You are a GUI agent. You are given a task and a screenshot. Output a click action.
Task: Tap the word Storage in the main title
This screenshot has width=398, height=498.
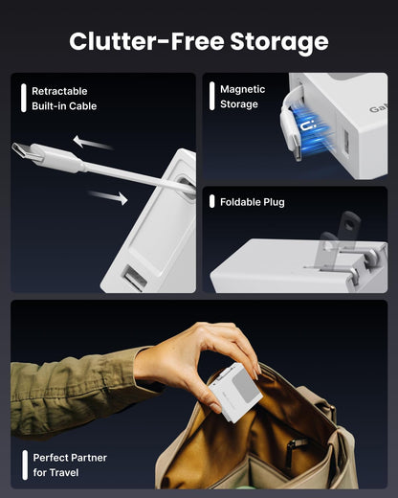coord(277,41)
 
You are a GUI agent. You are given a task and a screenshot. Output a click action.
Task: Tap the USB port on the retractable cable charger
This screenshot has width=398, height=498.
coord(132,279)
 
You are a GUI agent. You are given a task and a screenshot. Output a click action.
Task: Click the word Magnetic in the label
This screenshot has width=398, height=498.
coord(243,89)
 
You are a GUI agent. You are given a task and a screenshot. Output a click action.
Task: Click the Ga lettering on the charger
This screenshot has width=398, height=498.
coord(378,108)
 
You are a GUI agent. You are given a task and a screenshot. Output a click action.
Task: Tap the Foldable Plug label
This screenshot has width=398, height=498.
coord(253,202)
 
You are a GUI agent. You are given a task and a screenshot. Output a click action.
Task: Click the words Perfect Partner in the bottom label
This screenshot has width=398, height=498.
coord(70,458)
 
